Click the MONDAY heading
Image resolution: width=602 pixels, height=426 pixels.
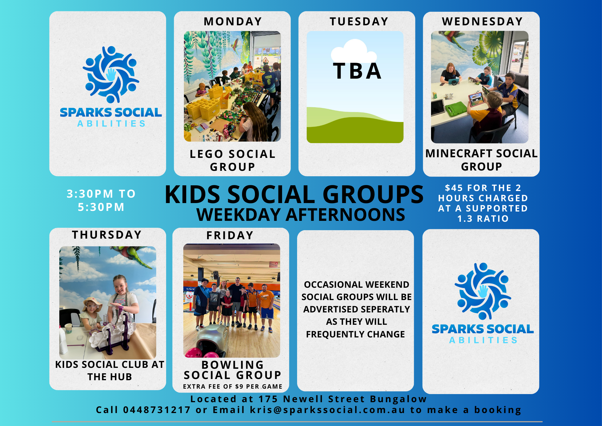pyautogui.click(x=233, y=21)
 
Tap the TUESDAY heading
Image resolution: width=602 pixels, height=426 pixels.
pyautogui.click(x=359, y=21)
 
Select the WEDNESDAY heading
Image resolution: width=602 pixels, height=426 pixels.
pyautogui.click(x=482, y=21)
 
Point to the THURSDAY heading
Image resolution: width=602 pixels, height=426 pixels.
pyautogui.click(x=107, y=235)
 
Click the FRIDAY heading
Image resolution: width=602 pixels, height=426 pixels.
pyautogui.click(x=230, y=235)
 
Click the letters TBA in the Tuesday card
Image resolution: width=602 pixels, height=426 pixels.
pyautogui.click(x=357, y=71)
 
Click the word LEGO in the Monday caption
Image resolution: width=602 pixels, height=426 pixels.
pyautogui.click(x=206, y=154)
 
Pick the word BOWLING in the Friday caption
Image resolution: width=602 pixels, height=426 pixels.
pyautogui.click(x=233, y=365)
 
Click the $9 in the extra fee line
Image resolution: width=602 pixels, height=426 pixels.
pyautogui.click(x=239, y=387)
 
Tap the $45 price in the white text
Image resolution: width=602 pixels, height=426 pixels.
pyautogui.click(x=454, y=188)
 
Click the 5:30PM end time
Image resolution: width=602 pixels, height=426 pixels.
pyautogui.click(x=101, y=207)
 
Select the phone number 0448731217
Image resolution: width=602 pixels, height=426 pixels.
pyautogui.click(x=157, y=410)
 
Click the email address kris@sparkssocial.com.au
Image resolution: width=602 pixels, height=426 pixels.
pyautogui.click(x=327, y=410)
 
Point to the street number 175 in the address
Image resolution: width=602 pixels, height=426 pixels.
pyautogui.click(x=268, y=399)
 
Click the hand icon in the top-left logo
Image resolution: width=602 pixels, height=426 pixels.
pyautogui.click(x=111, y=74)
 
